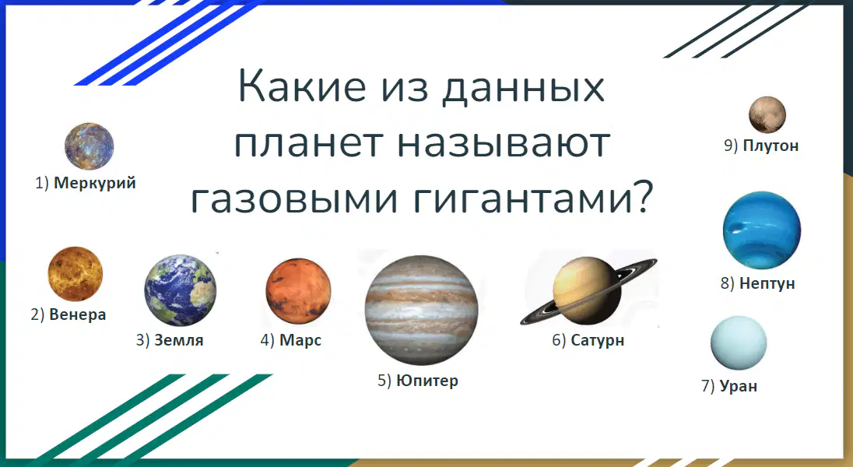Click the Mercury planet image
[90, 146]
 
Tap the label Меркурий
[95, 183]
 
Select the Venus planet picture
[75, 274]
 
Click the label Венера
[77, 314]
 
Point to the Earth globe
[180, 290]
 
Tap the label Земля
[179, 340]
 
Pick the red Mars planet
[298, 291]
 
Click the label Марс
[300, 341]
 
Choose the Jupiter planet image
[421, 311]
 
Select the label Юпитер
[427, 381]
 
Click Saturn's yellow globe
[587, 290]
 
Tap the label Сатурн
[597, 341]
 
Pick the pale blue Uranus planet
[739, 343]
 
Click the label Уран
[739, 386]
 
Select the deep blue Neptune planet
[762, 230]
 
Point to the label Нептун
[767, 283]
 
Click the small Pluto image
[767, 115]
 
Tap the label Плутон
[771, 146]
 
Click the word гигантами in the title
[532, 198]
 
